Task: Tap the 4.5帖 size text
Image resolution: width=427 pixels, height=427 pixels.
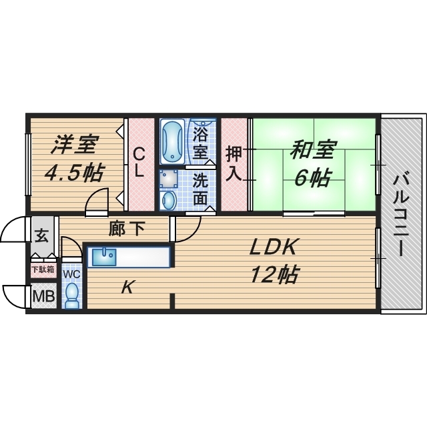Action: pyautogui.click(x=73, y=173)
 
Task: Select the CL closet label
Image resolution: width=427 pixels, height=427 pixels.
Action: pyautogui.click(x=138, y=161)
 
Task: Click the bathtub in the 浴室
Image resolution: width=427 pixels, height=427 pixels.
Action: pyautogui.click(x=173, y=141)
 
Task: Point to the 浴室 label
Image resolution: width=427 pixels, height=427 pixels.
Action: pyautogui.click(x=200, y=142)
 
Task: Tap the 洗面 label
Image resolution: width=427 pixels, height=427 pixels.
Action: pyautogui.click(x=200, y=188)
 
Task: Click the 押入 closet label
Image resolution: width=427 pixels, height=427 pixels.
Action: pyautogui.click(x=233, y=163)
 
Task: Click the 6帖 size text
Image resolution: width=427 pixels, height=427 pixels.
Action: pyautogui.click(x=312, y=177)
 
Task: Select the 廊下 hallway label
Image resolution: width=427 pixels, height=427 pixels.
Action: pyautogui.click(x=127, y=230)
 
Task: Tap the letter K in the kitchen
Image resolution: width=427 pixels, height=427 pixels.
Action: pyautogui.click(x=128, y=288)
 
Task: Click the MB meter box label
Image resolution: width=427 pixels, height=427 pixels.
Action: pyautogui.click(x=44, y=296)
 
